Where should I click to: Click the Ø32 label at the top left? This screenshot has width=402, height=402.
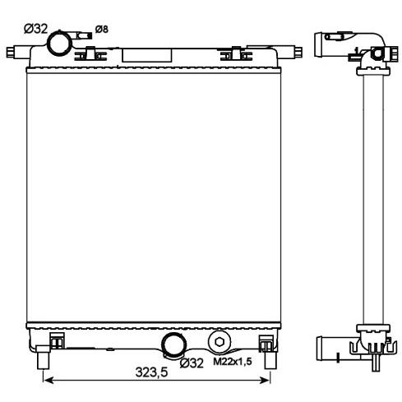tap(36, 29)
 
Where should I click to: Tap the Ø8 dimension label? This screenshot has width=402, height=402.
tap(102, 29)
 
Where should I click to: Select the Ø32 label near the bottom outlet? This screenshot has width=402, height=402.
tap(192, 363)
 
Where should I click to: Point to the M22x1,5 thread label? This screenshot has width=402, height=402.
tap(233, 362)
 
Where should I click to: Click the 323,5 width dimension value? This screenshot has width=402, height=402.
tap(151, 372)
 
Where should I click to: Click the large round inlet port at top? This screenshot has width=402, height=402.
tap(59, 44)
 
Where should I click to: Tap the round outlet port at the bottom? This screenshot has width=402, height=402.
tap(174, 344)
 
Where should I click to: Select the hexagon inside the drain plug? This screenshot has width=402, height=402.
tap(219, 342)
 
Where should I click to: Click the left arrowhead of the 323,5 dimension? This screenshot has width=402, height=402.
tap(48, 380)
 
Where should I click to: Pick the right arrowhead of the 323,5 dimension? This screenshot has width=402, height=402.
tap(266, 380)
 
